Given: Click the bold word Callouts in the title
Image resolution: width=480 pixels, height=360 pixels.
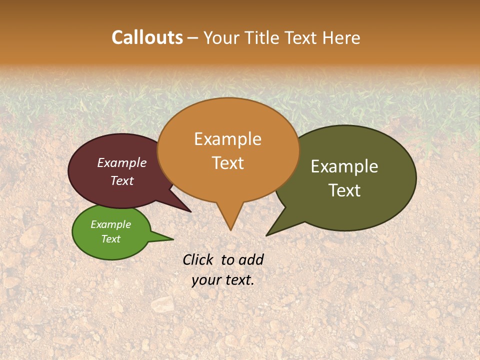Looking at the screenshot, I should tap(147, 37).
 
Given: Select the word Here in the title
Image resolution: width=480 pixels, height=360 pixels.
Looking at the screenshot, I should tap(342, 38).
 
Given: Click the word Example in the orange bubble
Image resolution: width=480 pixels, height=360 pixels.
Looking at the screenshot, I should tap(227, 139).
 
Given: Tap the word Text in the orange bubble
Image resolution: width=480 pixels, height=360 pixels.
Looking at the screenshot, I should tap(227, 163).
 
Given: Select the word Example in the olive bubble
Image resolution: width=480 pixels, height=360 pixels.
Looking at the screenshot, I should tap(344, 166).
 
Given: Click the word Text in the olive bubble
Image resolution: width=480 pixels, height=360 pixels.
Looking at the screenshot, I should tap(344, 190).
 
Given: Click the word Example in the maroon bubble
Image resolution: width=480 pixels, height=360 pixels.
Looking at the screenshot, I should tap(122, 162).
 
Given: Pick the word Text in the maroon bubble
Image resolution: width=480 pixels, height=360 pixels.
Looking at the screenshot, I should tap(122, 180).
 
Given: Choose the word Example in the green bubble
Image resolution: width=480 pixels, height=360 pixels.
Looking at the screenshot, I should tap(110, 224).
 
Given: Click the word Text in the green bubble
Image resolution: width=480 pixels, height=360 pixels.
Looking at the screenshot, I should tap(110, 239).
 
